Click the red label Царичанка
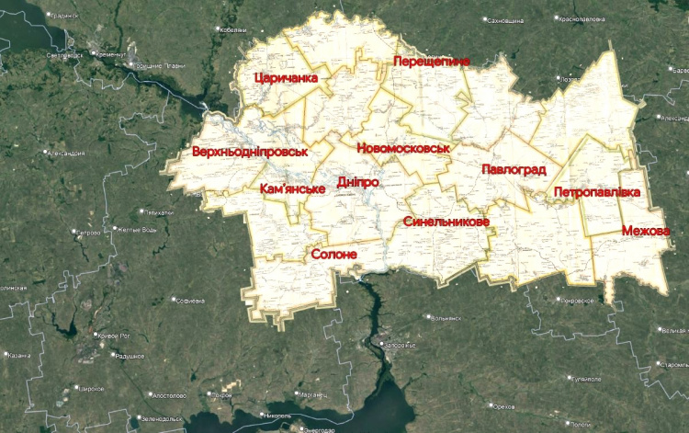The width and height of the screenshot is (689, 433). pos(286,78)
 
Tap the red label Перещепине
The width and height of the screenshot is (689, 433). pos(431,61)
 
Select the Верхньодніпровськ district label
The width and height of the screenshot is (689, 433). pos(250,151)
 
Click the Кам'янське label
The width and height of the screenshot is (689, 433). pos(293,188)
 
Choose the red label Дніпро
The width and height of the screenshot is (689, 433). pos(358,182)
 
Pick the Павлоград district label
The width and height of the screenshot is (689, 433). pos(514,170)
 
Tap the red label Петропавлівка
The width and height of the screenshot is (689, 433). pos(596,192)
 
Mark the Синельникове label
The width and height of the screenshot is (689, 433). pos(446,222)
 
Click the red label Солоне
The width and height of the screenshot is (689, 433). pos(333,254)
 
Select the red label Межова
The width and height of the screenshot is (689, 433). pos(645,230)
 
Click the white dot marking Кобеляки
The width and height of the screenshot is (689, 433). pos(219,30)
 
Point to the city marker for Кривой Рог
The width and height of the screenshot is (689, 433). pos(93,334)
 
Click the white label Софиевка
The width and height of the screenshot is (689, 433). pos(190,300)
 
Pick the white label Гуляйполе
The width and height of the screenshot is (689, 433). pos(587,379)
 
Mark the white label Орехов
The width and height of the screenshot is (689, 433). pos(503,405)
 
